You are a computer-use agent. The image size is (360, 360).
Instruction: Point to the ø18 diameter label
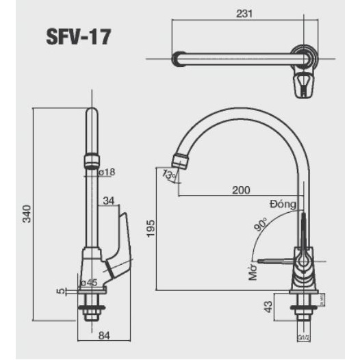[x=107, y=172]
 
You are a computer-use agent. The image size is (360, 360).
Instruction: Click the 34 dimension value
[x=108, y=201]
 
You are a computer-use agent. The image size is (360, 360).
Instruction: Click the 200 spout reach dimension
[x=240, y=190]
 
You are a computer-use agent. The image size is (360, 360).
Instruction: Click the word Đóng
[x=282, y=204]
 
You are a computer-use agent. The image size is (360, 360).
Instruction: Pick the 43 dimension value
[x=268, y=307]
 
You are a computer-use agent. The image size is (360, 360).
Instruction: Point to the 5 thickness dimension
[x=60, y=291]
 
